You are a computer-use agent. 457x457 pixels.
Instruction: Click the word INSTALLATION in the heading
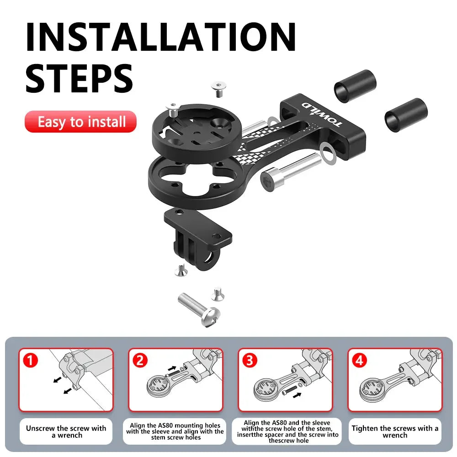[x=160, y=36]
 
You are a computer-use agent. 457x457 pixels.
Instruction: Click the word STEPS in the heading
[x=79, y=78]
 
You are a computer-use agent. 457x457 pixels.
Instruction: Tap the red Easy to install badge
[x=81, y=122]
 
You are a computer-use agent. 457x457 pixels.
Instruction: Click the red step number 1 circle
[x=30, y=361]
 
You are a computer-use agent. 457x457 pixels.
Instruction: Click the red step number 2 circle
[x=140, y=361]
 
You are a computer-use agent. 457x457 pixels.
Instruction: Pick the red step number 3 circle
[x=249, y=361]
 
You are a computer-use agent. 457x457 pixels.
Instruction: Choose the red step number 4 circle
[x=360, y=361]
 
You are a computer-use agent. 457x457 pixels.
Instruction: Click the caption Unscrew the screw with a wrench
[x=66, y=432]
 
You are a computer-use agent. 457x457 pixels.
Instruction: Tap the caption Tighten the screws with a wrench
[x=395, y=432]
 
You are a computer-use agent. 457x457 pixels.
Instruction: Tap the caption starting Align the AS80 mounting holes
[x=175, y=432]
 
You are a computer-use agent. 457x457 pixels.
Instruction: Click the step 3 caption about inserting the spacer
[x=288, y=432]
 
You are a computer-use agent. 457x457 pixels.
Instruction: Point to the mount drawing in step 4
[x=393, y=382]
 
